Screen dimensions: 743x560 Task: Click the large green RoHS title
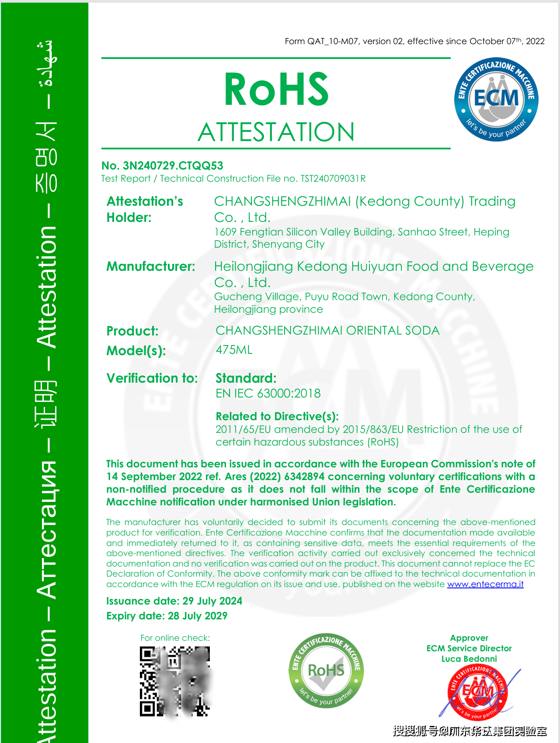[x=276, y=90]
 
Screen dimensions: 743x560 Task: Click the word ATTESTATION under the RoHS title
[x=276, y=132]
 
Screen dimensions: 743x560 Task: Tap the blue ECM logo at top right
[x=496, y=99]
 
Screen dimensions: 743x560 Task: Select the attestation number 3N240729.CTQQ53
[x=173, y=166]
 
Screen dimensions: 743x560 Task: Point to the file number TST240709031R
[x=333, y=179]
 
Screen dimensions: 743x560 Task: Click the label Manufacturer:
[x=151, y=266]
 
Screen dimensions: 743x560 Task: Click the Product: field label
[x=132, y=331]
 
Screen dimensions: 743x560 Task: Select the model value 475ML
[x=234, y=350]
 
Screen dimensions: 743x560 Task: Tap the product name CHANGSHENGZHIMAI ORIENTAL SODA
[x=327, y=330]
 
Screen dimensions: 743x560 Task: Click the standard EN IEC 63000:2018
[x=268, y=393]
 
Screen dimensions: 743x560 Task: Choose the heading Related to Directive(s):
[x=277, y=416]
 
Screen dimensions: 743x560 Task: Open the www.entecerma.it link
[x=485, y=584]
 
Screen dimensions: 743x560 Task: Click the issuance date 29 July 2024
[x=212, y=601]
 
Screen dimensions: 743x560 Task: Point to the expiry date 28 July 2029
[x=198, y=616]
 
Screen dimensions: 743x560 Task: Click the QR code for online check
[x=175, y=681]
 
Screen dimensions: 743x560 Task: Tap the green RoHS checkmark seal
[x=326, y=670]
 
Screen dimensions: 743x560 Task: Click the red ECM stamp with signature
[x=477, y=692]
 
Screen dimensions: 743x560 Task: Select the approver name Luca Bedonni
[x=469, y=659]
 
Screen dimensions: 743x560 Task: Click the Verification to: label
[x=152, y=378]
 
